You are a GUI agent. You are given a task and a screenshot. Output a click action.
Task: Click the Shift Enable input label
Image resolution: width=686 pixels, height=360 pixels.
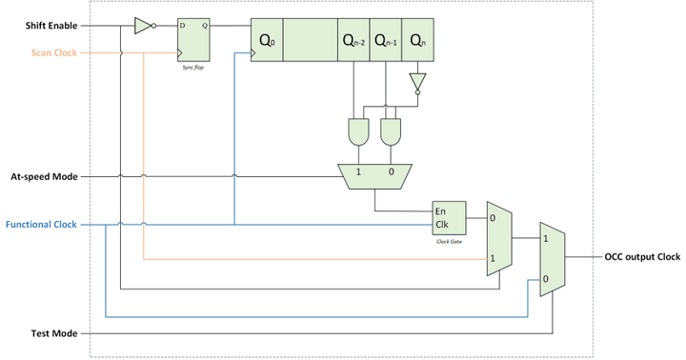pos(52,26)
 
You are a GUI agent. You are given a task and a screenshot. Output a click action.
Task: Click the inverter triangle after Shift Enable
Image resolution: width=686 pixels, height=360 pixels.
pos(142,26)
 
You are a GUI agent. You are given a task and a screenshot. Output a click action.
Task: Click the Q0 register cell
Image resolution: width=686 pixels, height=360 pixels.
pos(266,41)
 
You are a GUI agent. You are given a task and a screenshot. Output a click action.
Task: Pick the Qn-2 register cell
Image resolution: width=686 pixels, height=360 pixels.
pos(353,41)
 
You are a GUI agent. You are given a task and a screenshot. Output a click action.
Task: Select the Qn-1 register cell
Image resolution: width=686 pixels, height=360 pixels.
pos(386,41)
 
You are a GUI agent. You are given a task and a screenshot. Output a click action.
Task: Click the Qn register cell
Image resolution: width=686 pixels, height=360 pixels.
pos(417,41)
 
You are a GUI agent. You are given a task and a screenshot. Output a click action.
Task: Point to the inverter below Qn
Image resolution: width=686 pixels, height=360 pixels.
pos(417,81)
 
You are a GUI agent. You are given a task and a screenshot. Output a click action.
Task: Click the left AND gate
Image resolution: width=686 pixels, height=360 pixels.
pos(360,133)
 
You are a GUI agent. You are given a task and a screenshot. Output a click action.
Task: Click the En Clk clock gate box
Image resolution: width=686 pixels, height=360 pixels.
pos(448,218)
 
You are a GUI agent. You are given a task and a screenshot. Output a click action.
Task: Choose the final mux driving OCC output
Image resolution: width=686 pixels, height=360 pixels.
pos(553,259)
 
